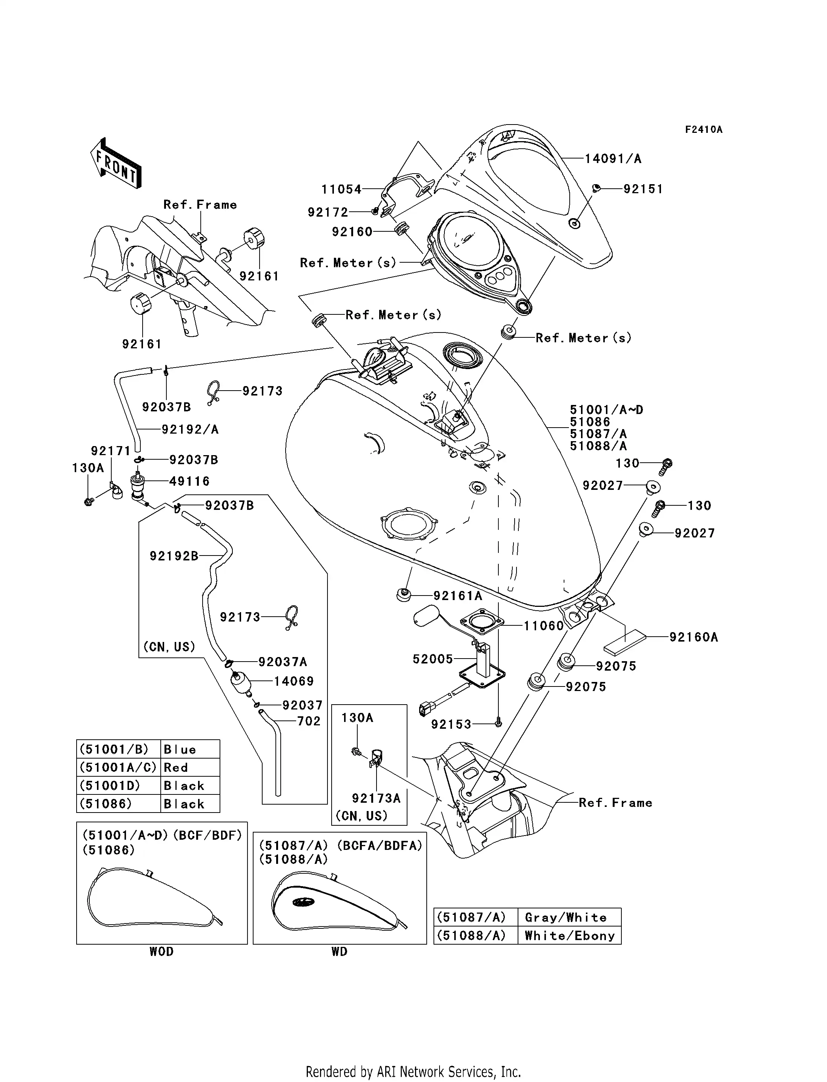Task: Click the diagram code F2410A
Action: coord(704,129)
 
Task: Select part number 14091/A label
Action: coord(613,159)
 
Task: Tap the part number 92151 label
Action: coord(643,189)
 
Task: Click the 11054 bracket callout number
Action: coord(341,189)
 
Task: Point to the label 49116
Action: coord(189,481)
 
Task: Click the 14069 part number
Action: coord(294,681)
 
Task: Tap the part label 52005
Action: coord(432,659)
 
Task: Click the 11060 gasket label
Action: coord(543,626)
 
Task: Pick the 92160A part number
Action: coord(693,637)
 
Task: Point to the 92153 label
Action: coord(451,724)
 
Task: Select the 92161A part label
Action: coord(458,596)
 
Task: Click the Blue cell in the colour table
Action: coord(191,750)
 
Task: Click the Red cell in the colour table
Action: coord(191,767)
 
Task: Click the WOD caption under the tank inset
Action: coord(161,951)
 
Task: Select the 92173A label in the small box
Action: coord(376,798)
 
